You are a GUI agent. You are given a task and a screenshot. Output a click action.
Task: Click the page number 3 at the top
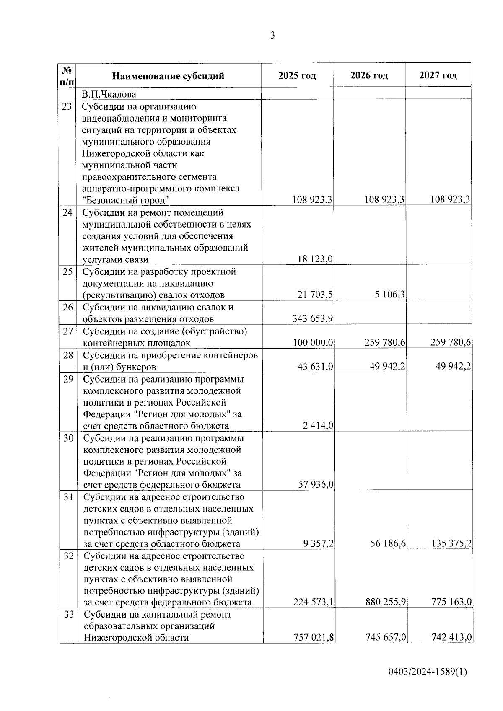click(x=272, y=36)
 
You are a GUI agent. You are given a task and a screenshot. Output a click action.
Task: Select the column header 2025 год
click(x=297, y=76)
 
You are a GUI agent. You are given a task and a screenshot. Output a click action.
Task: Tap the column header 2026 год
click(x=369, y=76)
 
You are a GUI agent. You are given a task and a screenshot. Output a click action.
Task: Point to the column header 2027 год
click(x=438, y=76)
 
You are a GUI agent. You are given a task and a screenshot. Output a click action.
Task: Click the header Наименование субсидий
click(x=168, y=76)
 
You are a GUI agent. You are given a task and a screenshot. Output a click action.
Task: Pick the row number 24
click(x=67, y=212)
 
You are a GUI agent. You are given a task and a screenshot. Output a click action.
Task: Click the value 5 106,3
click(x=390, y=295)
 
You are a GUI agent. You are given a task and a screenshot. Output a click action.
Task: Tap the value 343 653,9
click(x=313, y=319)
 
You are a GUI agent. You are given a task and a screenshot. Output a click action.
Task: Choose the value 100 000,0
click(x=313, y=343)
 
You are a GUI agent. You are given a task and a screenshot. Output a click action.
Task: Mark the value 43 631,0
click(x=315, y=367)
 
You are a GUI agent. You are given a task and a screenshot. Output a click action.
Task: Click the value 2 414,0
click(x=318, y=426)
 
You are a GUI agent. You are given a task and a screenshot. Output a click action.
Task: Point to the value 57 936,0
click(x=315, y=485)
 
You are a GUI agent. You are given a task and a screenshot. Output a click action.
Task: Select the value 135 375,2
click(x=451, y=544)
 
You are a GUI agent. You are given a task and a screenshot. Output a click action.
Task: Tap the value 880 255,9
click(x=385, y=602)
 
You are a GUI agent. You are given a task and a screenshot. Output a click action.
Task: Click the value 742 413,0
click(x=451, y=638)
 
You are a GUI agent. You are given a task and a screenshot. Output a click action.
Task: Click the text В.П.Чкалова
click(x=109, y=94)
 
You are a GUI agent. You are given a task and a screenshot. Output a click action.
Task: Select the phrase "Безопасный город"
click(x=125, y=200)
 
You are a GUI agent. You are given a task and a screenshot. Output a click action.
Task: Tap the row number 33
click(x=68, y=615)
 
